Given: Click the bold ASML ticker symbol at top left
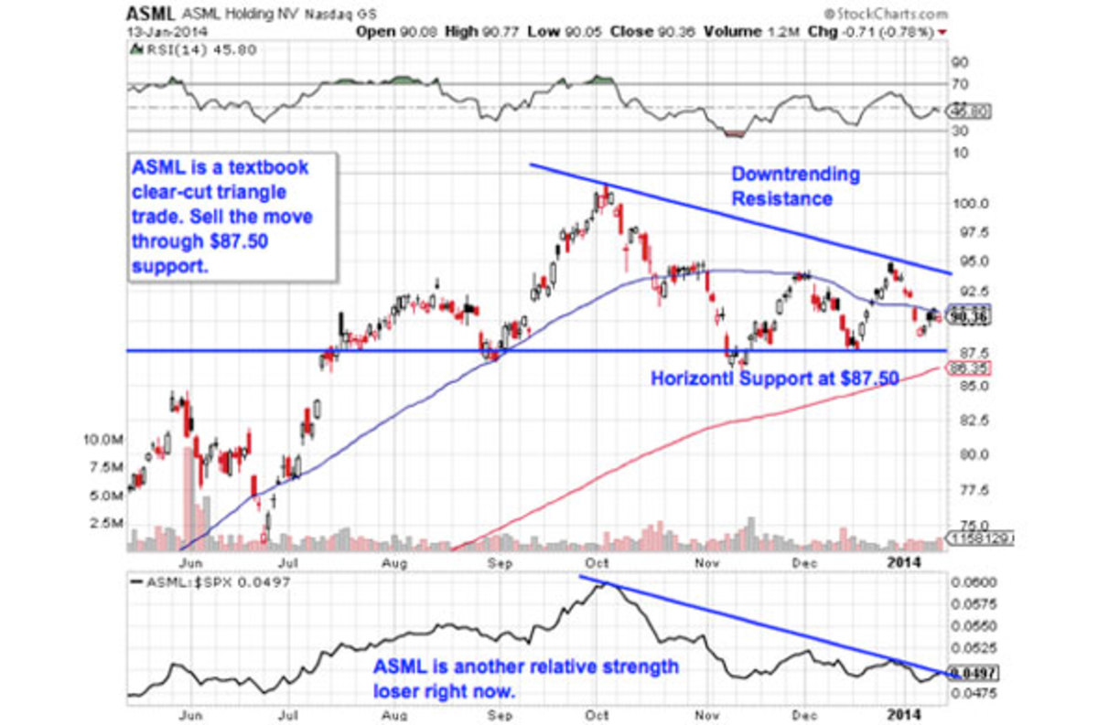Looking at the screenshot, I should tap(146, 15).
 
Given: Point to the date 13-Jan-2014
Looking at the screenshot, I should tap(163, 30).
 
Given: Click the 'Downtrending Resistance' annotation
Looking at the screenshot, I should tap(794, 186).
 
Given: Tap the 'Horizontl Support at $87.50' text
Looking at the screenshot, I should tap(774, 377).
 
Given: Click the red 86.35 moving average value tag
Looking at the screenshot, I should tap(972, 368).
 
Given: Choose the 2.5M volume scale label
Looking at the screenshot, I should tap(106, 523).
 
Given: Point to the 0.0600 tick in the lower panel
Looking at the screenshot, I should tap(974, 582).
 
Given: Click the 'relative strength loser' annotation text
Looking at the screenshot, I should tap(525, 678).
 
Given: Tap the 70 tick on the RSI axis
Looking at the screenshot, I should tap(962, 83).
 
